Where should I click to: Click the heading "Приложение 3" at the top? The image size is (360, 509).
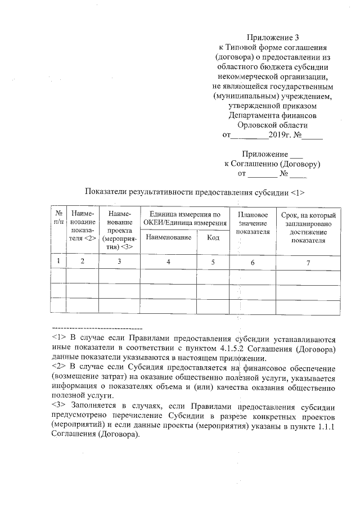272,38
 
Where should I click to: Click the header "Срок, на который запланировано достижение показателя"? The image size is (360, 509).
308,228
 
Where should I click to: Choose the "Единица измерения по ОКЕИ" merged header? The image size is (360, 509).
184,219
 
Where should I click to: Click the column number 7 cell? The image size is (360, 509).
308,261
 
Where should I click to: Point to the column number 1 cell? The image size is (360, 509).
58,261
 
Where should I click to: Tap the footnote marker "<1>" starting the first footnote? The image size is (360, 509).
59,339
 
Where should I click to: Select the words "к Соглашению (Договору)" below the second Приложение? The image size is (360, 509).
272,164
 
